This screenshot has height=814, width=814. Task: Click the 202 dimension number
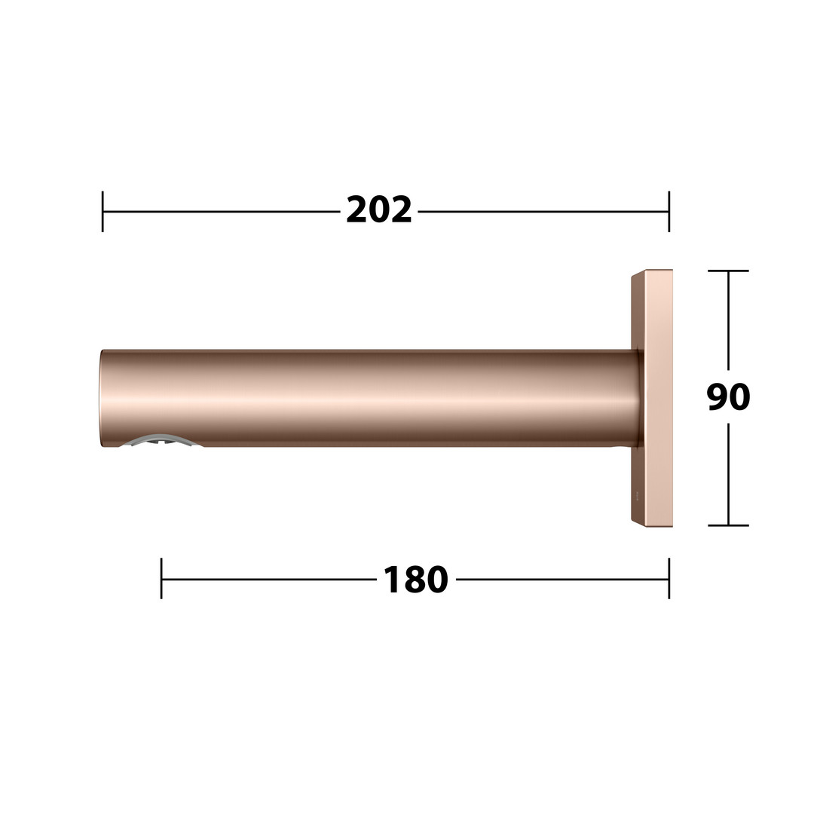(x=379, y=210)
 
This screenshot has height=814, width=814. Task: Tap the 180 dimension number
(x=416, y=580)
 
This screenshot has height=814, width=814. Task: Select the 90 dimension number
(x=728, y=397)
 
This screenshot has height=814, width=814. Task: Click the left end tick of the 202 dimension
(x=103, y=211)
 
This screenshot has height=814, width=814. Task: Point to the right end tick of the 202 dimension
(x=669, y=211)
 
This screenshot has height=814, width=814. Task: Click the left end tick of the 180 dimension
(x=161, y=578)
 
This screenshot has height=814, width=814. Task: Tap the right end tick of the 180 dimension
(x=669, y=578)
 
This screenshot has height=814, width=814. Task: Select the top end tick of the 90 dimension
(x=728, y=271)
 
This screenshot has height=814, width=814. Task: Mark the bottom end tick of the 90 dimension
(x=728, y=525)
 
